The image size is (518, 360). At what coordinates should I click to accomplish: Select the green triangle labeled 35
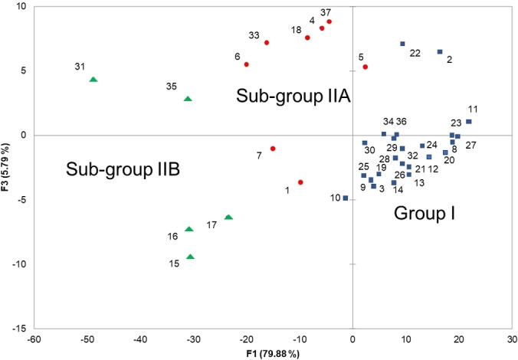(x=188, y=99)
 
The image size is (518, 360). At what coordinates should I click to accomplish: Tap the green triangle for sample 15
(x=190, y=257)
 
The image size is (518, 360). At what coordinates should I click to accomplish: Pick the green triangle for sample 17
(x=228, y=218)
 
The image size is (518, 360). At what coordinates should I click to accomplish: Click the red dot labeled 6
(x=247, y=64)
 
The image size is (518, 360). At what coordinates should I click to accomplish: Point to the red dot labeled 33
(x=267, y=42)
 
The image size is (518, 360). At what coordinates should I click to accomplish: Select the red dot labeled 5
(x=366, y=67)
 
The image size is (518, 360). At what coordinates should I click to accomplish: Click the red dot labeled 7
(x=273, y=149)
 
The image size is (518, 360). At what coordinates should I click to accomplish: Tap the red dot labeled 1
(x=300, y=182)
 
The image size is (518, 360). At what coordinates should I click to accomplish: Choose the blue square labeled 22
(x=402, y=44)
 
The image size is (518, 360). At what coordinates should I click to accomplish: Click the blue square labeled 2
(x=440, y=52)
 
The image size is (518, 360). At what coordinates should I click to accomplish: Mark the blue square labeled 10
(x=346, y=198)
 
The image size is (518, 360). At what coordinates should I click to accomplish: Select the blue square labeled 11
(x=469, y=122)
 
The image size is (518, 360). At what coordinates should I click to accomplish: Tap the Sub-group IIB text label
(x=123, y=169)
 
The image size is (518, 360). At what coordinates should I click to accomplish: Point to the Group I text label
(x=425, y=213)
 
